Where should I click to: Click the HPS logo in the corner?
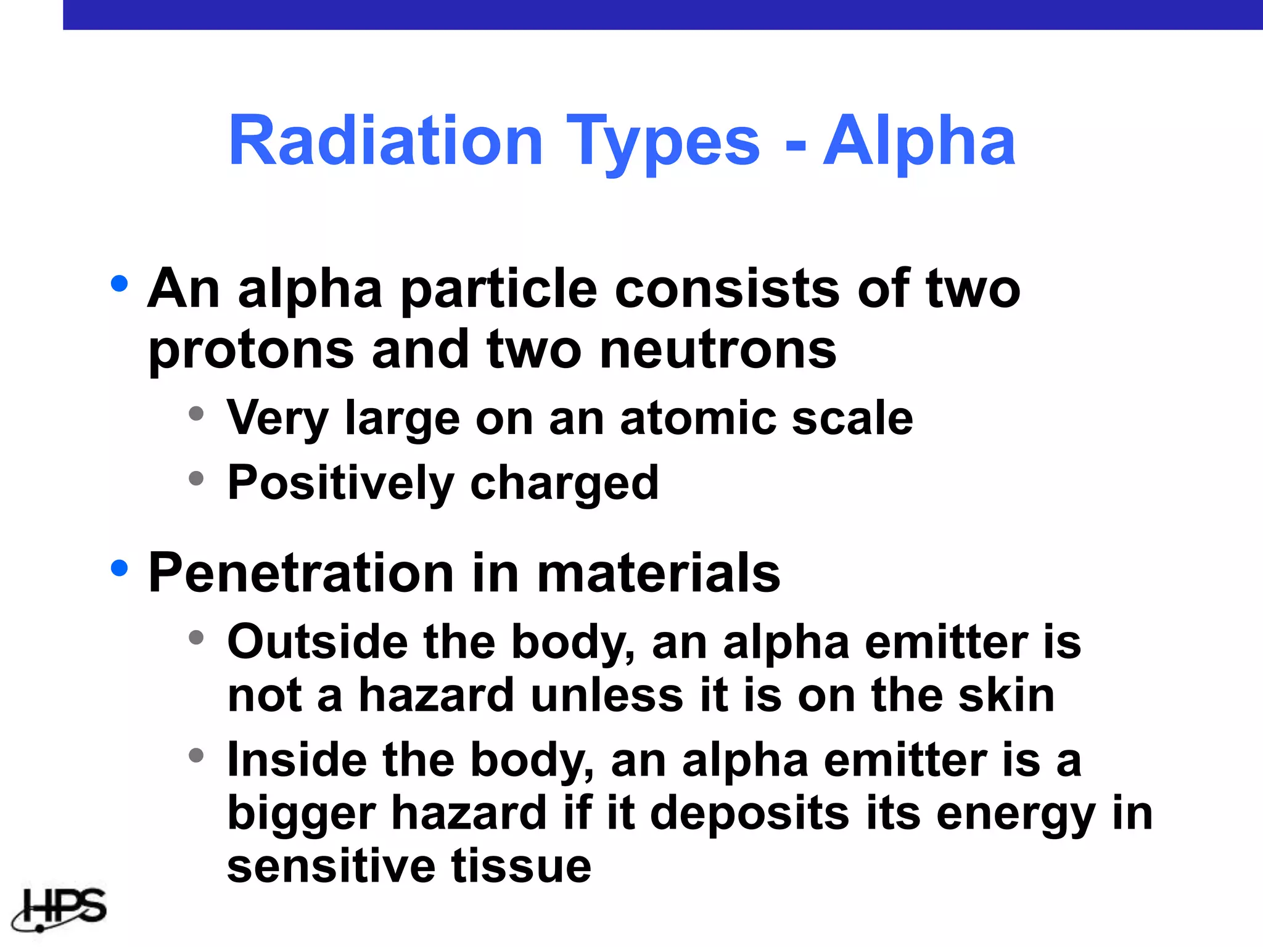(x=60, y=908)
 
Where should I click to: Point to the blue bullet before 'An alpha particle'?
(x=119, y=284)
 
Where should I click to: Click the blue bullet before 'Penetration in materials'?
(x=119, y=568)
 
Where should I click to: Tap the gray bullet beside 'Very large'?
(x=196, y=413)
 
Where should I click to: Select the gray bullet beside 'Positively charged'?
(x=196, y=478)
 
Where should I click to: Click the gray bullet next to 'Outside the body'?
(x=196, y=637)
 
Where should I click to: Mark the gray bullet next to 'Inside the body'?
(x=196, y=755)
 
